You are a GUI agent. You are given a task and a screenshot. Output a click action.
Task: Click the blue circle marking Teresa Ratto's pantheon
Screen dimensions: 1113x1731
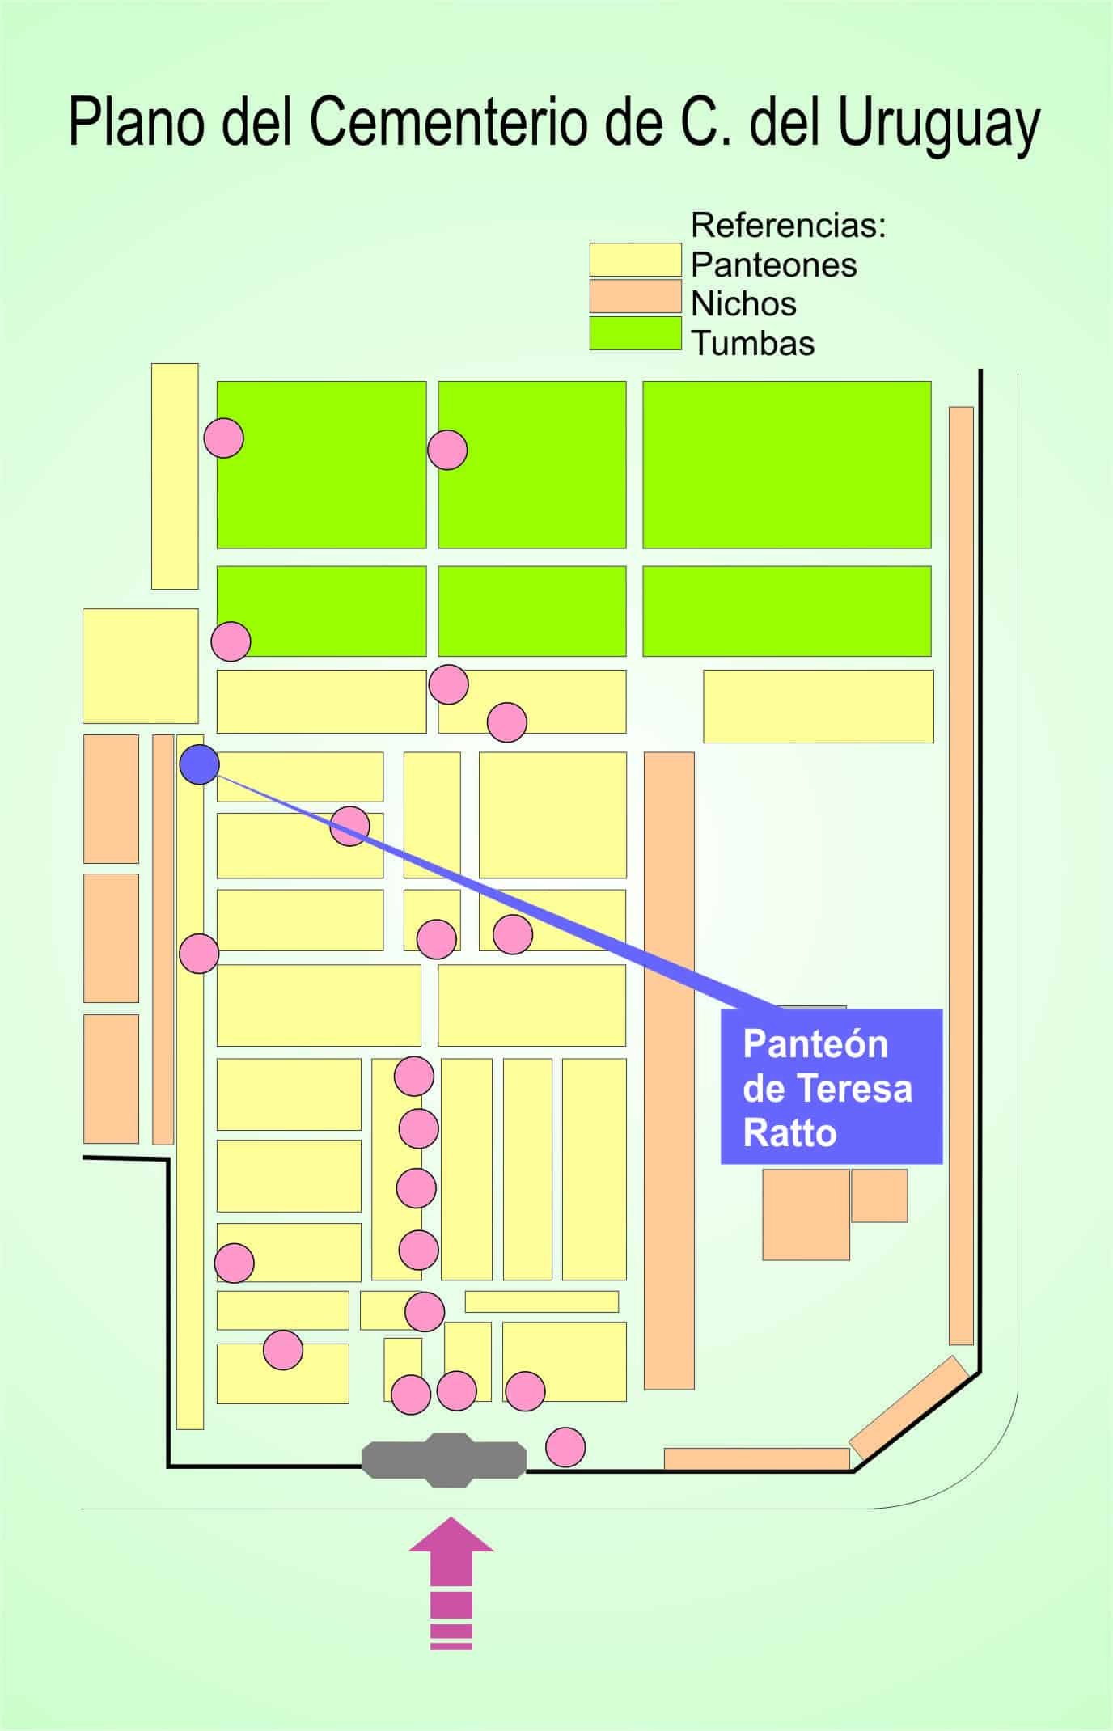(x=199, y=764)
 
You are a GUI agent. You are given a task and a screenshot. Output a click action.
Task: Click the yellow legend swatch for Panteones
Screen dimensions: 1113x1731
(x=635, y=260)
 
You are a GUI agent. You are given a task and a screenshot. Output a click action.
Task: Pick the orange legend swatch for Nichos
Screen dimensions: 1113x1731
(x=635, y=296)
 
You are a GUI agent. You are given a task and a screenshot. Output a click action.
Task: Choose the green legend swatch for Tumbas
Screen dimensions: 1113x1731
(x=635, y=332)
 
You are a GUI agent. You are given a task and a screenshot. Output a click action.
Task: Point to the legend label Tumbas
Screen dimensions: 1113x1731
(x=752, y=344)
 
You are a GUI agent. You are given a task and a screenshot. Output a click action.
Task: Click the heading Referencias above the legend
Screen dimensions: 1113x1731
(x=789, y=226)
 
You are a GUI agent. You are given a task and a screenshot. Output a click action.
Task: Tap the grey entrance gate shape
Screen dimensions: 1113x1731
(x=444, y=1460)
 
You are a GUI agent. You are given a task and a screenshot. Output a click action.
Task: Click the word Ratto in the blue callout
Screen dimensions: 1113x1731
(x=789, y=1133)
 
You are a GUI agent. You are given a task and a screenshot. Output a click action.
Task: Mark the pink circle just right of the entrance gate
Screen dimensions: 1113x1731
(x=565, y=1446)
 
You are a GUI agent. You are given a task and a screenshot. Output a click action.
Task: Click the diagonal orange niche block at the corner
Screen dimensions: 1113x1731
(x=908, y=1407)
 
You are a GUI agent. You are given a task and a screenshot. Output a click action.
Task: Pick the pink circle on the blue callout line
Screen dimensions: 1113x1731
(x=350, y=826)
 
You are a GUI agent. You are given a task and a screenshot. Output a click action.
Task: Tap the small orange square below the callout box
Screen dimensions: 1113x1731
(x=879, y=1195)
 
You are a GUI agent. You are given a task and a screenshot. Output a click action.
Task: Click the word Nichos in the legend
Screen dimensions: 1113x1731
(x=743, y=304)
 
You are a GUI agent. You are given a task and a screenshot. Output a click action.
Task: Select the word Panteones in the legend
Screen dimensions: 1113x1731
(x=773, y=265)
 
